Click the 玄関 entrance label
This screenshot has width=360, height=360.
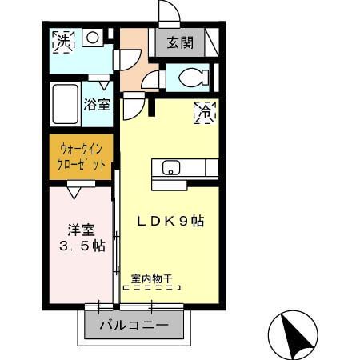pos(180,43)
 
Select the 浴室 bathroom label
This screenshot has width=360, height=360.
pos(97,103)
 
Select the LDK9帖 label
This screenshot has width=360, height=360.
pos(168,222)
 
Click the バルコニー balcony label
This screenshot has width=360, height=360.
pos(134,326)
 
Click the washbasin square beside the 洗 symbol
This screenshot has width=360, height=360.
pos(92,37)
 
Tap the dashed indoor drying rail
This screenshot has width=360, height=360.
pos(151,288)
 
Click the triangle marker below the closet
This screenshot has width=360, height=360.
pos(75,192)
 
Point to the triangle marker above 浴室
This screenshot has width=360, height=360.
pos(103,83)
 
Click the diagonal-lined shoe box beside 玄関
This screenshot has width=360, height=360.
pos(211,42)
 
